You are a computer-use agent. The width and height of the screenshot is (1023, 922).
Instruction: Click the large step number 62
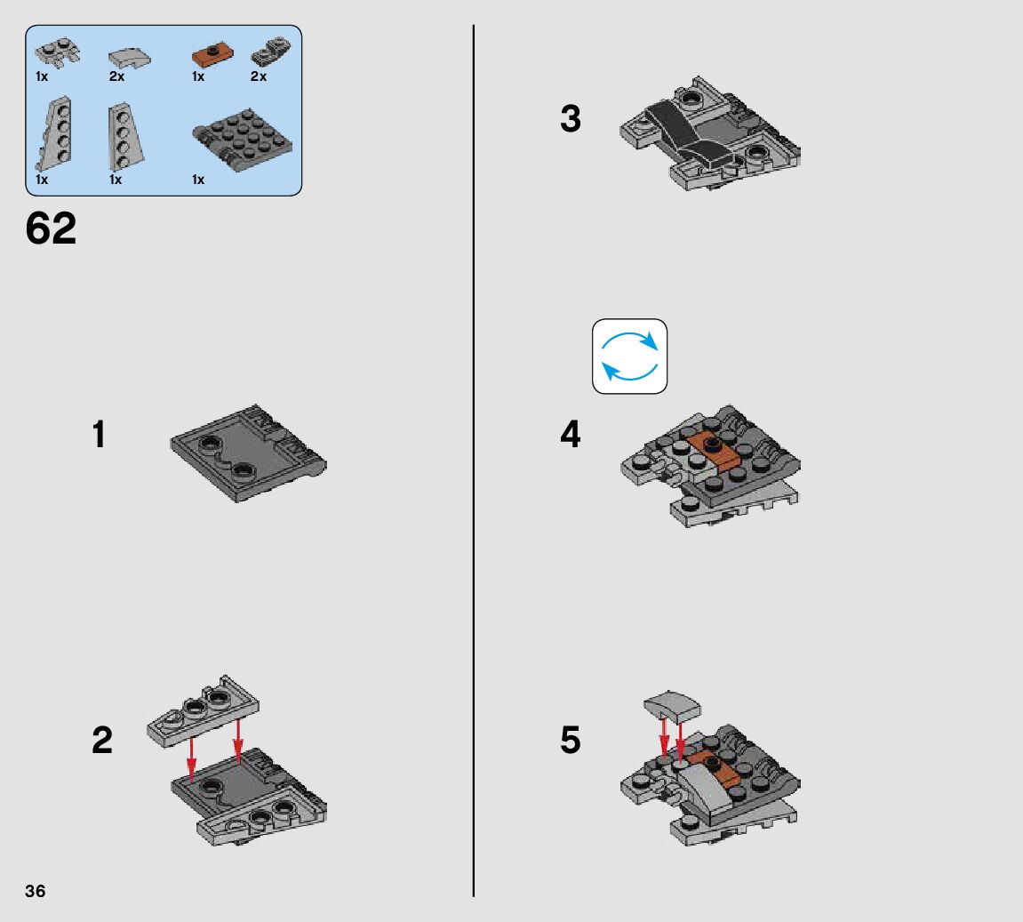tap(51, 228)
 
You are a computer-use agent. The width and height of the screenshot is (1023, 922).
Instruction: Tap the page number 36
tap(36, 892)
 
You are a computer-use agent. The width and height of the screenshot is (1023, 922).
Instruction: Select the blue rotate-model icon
tap(629, 357)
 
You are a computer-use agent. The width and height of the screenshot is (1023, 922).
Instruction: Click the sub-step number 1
tap(100, 435)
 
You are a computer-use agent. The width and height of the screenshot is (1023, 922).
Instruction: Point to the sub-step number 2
tap(102, 741)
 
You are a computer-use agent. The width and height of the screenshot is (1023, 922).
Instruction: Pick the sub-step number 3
tap(571, 119)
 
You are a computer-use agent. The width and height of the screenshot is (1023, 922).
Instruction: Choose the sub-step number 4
tap(571, 435)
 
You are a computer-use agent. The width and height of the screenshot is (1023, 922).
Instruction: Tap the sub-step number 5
tap(571, 741)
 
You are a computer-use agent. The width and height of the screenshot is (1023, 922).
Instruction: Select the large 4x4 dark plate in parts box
tap(243, 140)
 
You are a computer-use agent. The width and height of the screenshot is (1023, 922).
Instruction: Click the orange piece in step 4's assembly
tap(713, 450)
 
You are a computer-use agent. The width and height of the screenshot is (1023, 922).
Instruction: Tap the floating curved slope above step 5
tap(672, 706)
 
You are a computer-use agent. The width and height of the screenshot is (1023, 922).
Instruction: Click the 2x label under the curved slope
tap(116, 77)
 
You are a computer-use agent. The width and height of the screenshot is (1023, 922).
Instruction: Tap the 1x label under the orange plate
tap(198, 77)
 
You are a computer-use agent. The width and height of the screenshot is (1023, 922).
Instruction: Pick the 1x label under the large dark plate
tap(198, 180)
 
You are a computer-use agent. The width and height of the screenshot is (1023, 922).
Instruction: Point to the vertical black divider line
tap(474, 461)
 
